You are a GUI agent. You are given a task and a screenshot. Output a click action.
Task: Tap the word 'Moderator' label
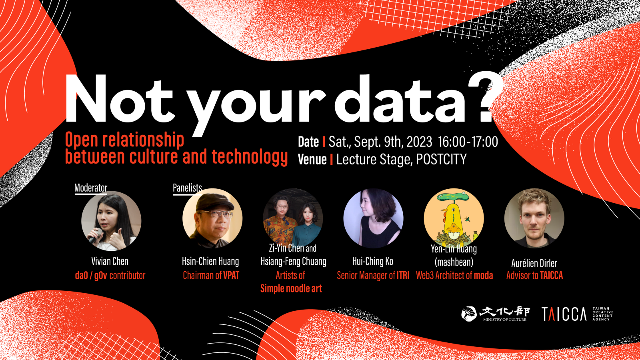[91, 188]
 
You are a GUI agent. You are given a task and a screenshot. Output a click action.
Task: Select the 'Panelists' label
[187, 188]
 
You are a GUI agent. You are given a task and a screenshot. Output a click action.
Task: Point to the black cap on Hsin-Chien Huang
[214, 202]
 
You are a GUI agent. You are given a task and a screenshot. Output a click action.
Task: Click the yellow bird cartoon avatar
[454, 218]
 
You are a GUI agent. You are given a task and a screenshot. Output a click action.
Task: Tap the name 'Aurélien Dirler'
[534, 263]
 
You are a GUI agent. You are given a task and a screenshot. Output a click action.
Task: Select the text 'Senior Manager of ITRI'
[373, 276]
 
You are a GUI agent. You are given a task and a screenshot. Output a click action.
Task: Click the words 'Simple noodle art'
[291, 288]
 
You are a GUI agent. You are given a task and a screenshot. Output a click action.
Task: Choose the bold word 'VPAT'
[231, 276]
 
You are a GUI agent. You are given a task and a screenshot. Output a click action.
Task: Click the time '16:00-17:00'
[468, 142]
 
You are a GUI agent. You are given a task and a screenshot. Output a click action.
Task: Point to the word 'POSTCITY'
[442, 160]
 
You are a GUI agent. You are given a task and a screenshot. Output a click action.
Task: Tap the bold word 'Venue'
[312, 160]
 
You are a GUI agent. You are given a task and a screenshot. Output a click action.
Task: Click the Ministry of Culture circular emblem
[469, 314]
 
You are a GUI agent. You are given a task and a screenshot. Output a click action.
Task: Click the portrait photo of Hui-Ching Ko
[373, 218]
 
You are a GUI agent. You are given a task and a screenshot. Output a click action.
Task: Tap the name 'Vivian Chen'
[110, 261]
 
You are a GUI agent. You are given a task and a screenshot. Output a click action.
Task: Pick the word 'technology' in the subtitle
[250, 157]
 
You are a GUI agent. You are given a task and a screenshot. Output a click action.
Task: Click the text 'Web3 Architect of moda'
[454, 276]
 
